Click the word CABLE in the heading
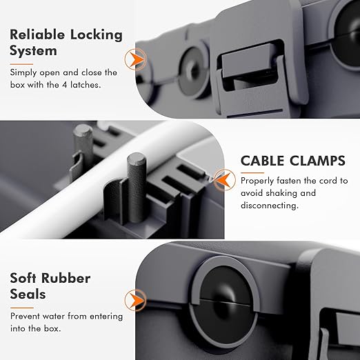[x=264, y=161]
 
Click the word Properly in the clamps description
[x=259, y=181]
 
